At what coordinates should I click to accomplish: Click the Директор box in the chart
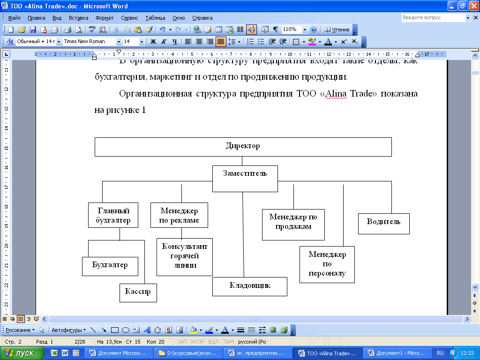point(243,146)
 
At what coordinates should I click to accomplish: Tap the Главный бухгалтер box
point(113,215)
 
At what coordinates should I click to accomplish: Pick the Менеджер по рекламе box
point(179,215)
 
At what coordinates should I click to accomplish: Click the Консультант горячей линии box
point(184,257)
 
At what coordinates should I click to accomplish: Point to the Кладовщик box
point(249,286)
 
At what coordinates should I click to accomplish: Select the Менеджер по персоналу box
point(327,264)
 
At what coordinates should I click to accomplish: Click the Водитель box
point(383,224)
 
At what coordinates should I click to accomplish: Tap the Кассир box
point(138,292)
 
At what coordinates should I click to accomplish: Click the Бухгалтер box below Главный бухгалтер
point(110,266)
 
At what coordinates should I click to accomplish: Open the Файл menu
point(14,18)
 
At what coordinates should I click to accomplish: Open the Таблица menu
point(155,18)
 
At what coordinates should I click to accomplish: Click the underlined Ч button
point(175,41)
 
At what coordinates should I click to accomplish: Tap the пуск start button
point(22,353)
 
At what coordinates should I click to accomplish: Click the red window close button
point(473,6)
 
